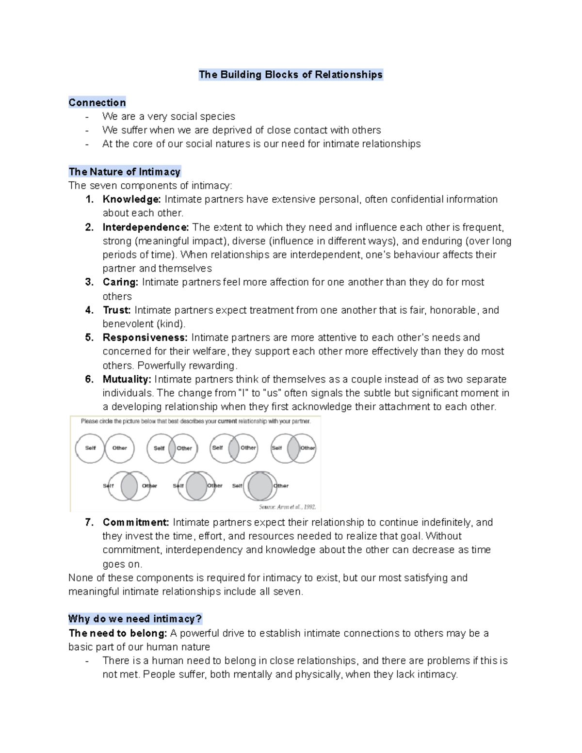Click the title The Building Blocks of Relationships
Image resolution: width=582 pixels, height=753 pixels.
click(291, 75)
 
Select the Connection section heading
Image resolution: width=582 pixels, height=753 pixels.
click(97, 102)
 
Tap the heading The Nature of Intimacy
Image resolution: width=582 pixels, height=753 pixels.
click(125, 172)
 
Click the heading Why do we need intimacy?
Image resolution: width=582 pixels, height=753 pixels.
click(135, 619)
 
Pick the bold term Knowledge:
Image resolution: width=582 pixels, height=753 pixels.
click(131, 199)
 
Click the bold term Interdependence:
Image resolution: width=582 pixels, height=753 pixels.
click(145, 227)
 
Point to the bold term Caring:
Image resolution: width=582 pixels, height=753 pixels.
click(120, 282)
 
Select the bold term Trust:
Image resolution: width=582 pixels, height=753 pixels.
click(116, 310)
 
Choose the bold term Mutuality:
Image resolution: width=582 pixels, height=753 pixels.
click(127, 379)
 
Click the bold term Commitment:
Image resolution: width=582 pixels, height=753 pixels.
click(136, 522)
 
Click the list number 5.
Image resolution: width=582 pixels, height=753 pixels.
click(89, 337)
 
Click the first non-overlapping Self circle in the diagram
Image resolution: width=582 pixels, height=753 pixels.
click(90, 448)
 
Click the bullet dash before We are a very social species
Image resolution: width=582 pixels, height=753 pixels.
click(87, 116)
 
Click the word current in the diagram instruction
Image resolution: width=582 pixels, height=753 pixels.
click(227, 421)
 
